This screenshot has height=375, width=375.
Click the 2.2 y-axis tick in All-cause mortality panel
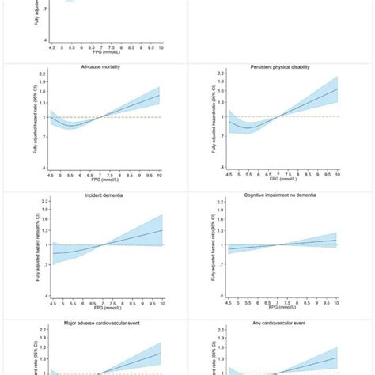click(47, 74)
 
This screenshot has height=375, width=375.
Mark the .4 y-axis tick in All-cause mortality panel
click(47, 167)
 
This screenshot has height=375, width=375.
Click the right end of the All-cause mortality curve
click(160, 96)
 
